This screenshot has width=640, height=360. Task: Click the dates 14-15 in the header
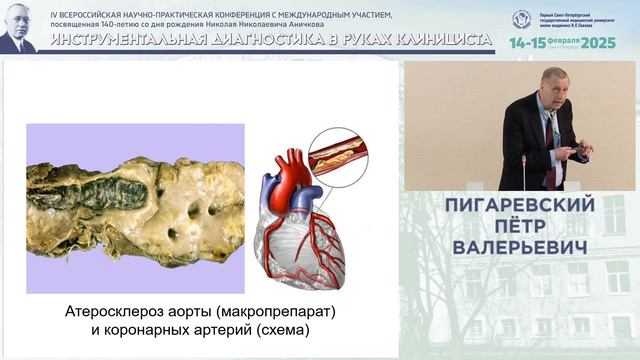pyautogui.click(x=529, y=44)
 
